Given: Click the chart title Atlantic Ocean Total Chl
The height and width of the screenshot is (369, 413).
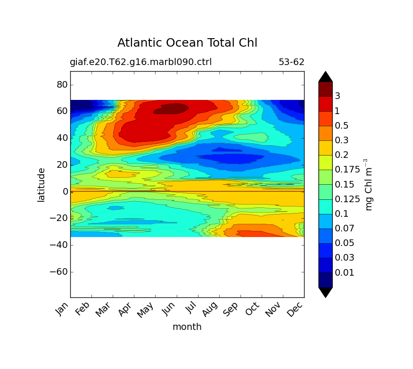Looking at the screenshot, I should [x=187, y=43].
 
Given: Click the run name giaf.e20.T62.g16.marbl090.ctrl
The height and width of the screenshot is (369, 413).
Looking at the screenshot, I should [x=140, y=62].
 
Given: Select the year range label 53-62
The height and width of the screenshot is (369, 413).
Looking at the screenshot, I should [x=291, y=62].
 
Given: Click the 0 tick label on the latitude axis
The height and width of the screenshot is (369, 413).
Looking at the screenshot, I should [x=66, y=191].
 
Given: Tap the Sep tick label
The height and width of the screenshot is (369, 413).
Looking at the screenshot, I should [x=233, y=311].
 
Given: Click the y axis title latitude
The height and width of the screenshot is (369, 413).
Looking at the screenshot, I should [x=41, y=185].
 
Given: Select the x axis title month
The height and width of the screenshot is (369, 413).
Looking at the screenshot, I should [x=187, y=327].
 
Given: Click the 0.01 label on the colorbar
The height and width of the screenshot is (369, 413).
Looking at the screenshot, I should [x=344, y=272].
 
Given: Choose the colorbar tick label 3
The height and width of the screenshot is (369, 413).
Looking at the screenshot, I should [x=337, y=96].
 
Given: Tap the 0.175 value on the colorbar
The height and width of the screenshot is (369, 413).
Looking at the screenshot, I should [x=347, y=170].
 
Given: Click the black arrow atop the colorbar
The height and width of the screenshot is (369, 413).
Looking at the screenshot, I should [x=325, y=76].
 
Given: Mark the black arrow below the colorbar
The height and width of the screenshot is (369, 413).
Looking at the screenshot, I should [x=325, y=292].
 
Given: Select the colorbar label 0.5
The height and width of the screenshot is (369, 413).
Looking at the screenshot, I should [x=341, y=125].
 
